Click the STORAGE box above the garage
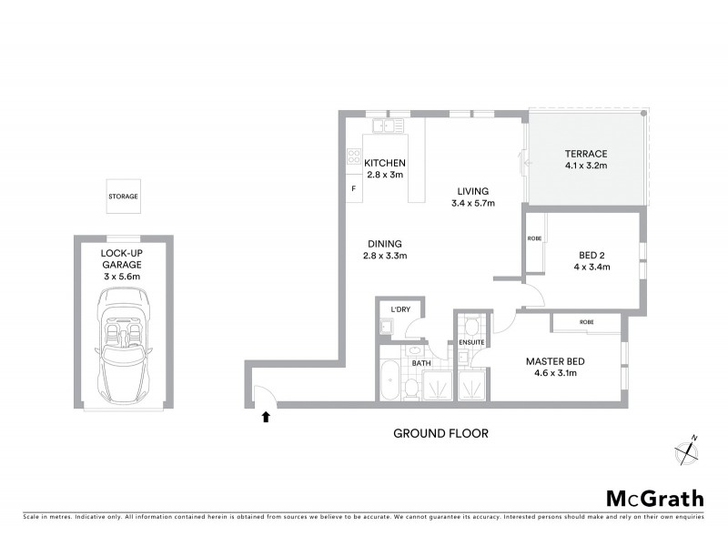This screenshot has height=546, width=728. point(123,197)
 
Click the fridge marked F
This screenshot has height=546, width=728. point(352,188)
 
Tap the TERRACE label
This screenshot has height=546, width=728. point(585,154)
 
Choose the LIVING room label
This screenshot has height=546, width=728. point(474,191)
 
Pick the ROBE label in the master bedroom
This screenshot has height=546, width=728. point(586,321)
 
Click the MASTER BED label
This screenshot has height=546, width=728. point(555,361)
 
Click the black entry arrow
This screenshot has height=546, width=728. point(266,417)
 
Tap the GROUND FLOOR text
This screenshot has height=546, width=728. point(440,434)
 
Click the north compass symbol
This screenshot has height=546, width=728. point(685,449)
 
